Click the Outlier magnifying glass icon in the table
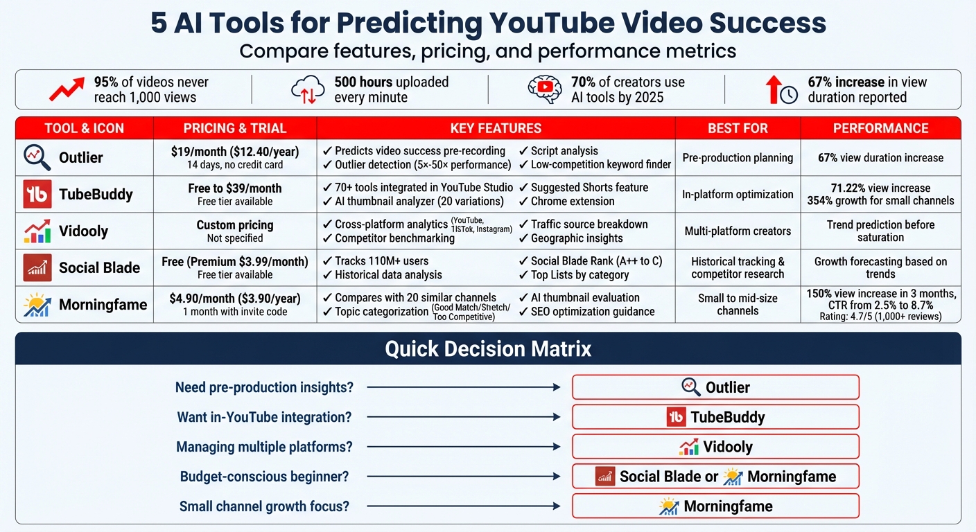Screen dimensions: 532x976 37,157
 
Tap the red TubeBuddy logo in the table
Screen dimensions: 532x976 37,194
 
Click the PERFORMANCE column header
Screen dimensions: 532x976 880,128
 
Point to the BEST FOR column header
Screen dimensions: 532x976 738,128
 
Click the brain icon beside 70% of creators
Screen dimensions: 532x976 544,89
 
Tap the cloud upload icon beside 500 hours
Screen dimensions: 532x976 308,90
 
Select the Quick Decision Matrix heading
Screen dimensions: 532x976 488,348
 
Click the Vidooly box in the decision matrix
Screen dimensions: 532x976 715,447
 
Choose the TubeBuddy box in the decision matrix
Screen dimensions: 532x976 715,417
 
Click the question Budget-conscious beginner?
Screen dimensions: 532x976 264,477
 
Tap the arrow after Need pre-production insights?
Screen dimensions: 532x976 463,388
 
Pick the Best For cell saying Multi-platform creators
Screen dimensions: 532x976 738,231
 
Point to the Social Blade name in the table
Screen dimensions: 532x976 99,267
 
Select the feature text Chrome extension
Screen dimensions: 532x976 572,202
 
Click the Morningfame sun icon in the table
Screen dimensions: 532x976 37,305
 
